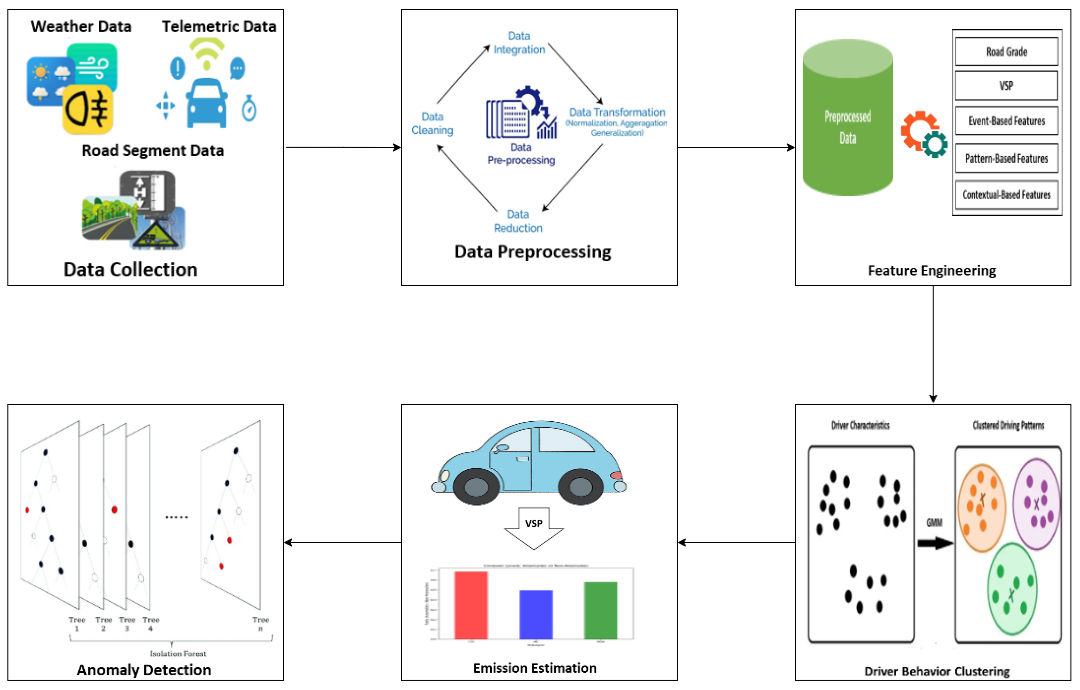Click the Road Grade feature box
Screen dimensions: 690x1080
1006,51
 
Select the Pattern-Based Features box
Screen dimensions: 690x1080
1006,158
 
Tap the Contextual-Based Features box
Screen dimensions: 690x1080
1006,195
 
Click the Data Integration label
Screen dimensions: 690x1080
519,43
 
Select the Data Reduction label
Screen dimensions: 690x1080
518,221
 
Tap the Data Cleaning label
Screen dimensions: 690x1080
432,123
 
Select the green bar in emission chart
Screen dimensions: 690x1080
600,610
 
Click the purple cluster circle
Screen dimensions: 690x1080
1036,504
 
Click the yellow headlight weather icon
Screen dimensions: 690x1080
87,110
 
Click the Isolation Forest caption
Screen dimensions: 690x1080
178,654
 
